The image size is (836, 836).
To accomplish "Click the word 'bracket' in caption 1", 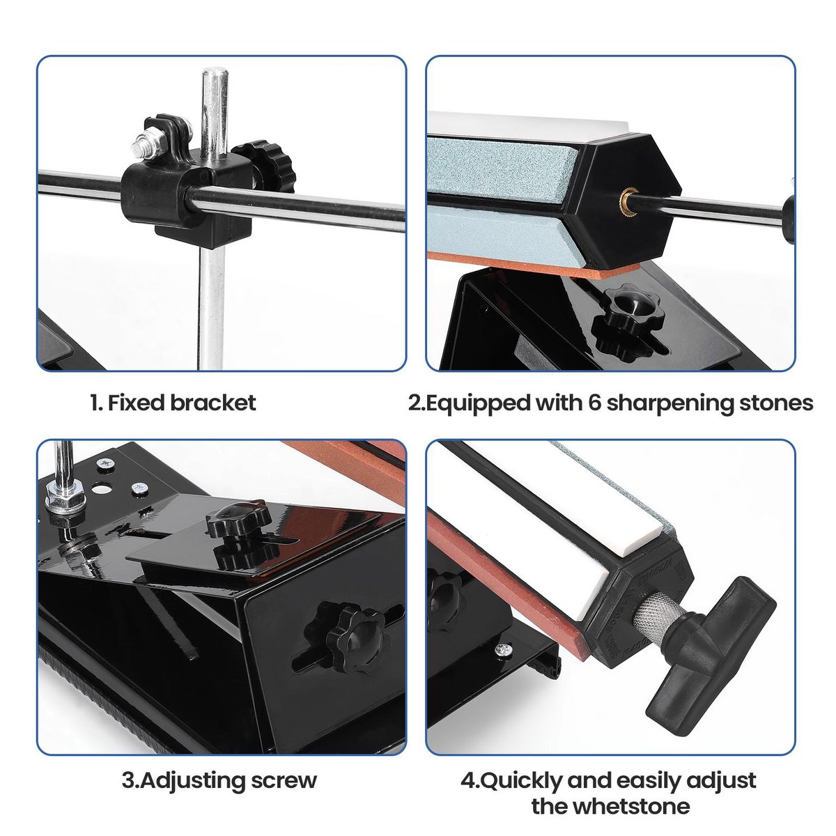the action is [212, 403].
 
